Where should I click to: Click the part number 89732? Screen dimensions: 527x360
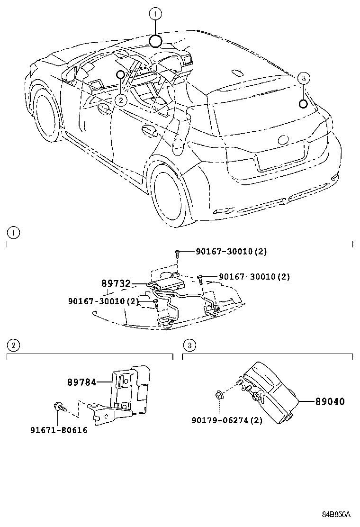(x=116, y=283)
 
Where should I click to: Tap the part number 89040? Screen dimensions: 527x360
(x=330, y=401)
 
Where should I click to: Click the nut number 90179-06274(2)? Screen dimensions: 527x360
(x=227, y=420)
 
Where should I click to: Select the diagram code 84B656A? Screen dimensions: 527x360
(x=336, y=514)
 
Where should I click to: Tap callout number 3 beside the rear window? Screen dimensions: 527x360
(x=304, y=78)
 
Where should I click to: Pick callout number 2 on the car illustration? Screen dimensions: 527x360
(x=121, y=100)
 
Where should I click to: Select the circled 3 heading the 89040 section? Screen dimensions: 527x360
(x=189, y=345)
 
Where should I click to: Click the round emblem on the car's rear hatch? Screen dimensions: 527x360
(x=284, y=140)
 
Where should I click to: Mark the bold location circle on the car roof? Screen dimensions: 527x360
(x=156, y=42)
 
